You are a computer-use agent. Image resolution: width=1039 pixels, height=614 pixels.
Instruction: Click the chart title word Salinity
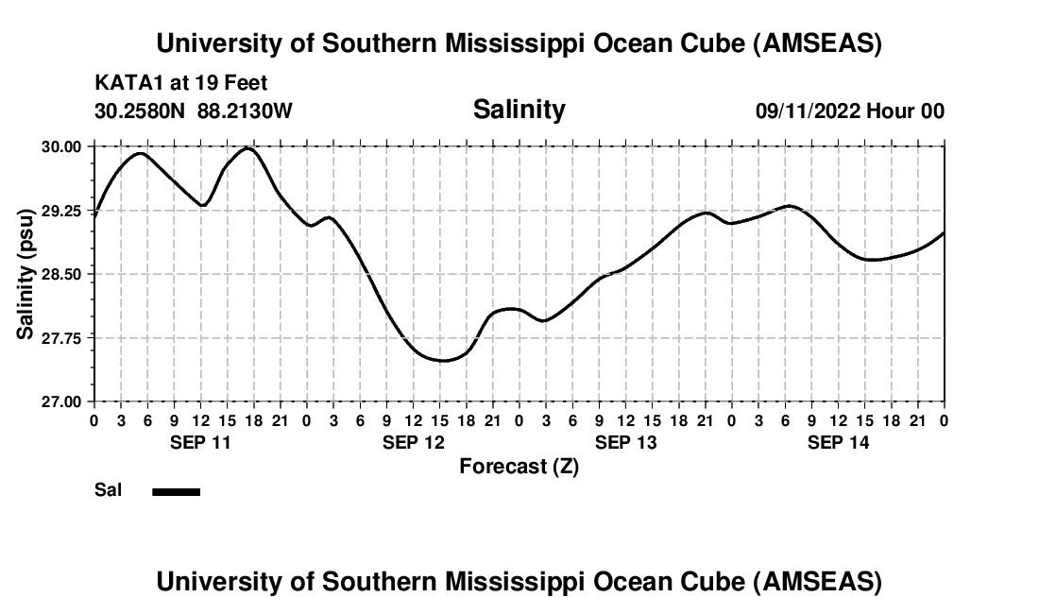point(519,110)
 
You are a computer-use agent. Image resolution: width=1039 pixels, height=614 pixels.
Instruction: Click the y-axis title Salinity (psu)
point(26,273)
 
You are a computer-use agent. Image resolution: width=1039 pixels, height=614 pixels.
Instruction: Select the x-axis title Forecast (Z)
point(519,466)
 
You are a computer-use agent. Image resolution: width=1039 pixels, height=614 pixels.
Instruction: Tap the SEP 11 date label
point(200,442)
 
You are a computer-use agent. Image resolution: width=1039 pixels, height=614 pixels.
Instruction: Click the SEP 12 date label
point(413,442)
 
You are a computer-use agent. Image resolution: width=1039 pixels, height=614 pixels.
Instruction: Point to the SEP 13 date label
point(625,442)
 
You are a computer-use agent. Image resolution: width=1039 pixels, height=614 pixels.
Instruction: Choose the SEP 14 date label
point(838,442)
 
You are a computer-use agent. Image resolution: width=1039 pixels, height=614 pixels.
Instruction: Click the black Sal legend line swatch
point(177,491)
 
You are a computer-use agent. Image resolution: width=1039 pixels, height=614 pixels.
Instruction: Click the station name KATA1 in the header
point(124,83)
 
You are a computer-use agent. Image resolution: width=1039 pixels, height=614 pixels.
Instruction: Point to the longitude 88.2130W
point(245,111)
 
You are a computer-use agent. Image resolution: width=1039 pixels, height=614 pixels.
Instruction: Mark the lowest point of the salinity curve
point(441,360)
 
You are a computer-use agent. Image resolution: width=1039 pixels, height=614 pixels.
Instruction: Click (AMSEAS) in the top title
point(818,43)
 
